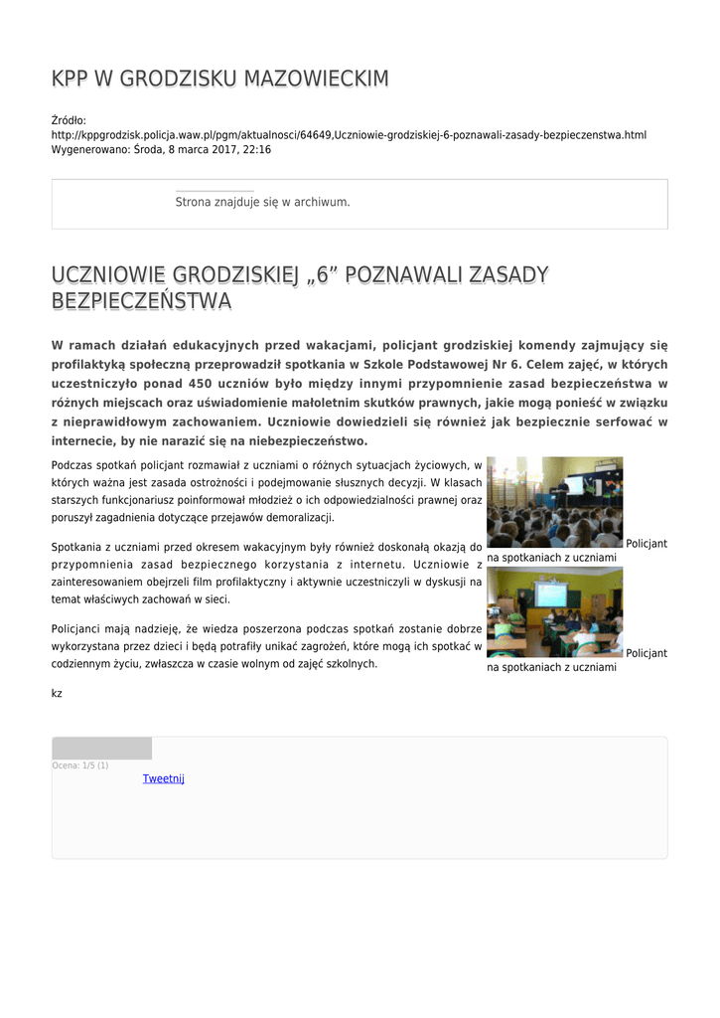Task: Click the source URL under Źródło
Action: [349, 134]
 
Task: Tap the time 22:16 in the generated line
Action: [256, 149]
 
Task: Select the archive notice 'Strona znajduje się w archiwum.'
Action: [262, 202]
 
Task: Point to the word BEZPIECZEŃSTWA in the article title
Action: [141, 300]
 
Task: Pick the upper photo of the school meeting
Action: [554, 502]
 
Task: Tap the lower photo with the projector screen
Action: [554, 611]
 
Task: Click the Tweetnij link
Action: [164, 778]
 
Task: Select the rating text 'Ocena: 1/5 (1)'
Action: [80, 764]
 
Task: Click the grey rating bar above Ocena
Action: [101, 749]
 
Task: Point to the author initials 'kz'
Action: [57, 693]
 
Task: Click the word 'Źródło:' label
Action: [69, 120]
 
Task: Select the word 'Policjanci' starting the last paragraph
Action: [78, 628]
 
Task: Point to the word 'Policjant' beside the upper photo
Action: [647, 543]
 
